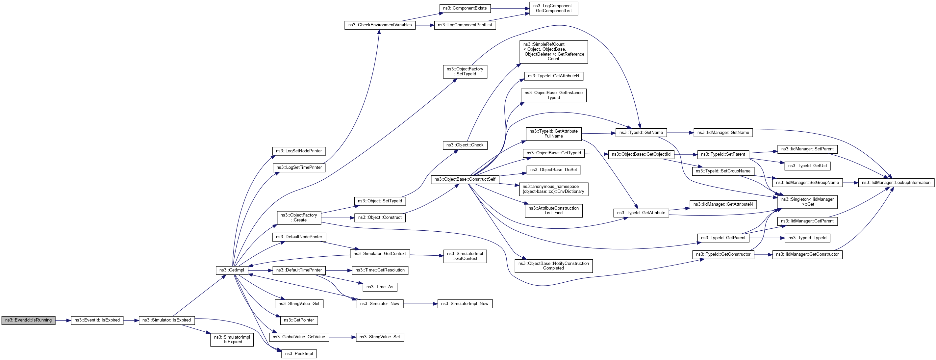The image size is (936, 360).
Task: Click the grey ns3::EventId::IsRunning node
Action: click(x=28, y=321)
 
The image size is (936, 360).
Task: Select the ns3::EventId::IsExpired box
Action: click(x=97, y=321)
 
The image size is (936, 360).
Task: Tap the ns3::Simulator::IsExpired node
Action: click(x=166, y=321)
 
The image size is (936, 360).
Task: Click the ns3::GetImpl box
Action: click(x=232, y=270)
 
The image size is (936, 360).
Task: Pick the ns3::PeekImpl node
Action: click(x=299, y=354)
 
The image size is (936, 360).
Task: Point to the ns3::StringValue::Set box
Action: click(x=380, y=337)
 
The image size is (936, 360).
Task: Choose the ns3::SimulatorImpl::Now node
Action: click(x=465, y=304)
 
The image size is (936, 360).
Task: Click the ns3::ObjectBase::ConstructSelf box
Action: click(x=465, y=179)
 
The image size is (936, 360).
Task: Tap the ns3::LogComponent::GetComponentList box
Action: click(x=553, y=8)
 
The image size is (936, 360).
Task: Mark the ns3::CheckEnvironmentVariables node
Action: click(x=380, y=25)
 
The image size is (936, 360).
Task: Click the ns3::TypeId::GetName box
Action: click(x=641, y=133)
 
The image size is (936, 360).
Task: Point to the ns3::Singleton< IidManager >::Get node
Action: click(x=807, y=202)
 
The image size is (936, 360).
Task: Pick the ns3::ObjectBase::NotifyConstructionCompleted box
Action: click(x=553, y=266)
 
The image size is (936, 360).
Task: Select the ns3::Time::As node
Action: click(x=380, y=287)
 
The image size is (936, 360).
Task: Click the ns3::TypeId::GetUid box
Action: click(x=807, y=166)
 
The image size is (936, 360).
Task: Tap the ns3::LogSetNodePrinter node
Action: click(x=299, y=151)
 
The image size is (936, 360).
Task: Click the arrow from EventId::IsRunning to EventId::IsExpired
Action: click(x=63, y=321)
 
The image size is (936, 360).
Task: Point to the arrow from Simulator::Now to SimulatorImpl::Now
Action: click(x=420, y=304)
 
